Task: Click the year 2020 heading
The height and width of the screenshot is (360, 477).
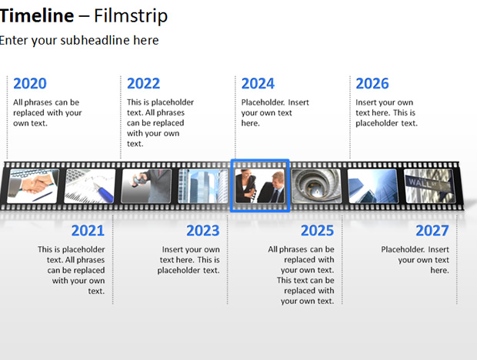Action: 30,84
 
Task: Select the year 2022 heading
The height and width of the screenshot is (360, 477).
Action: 143,84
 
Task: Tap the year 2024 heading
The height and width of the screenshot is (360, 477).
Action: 258,84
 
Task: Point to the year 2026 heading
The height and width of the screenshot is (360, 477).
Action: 372,84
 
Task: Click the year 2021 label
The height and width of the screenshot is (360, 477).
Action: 88,231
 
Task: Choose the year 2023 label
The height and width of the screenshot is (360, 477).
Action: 203,231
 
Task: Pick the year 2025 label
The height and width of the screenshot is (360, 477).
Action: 317,231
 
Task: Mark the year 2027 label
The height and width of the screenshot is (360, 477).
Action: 432,231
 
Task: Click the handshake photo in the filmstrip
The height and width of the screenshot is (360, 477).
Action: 33,186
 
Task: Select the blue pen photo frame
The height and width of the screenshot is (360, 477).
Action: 90,186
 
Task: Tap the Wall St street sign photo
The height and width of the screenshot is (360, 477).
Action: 429,186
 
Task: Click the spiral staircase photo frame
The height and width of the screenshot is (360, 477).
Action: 316,186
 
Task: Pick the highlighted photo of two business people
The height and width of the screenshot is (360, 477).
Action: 260,186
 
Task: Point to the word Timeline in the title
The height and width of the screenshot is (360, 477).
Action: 37,15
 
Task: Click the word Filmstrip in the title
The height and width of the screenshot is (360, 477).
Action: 131,15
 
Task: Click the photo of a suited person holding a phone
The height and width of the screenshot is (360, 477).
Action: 146,186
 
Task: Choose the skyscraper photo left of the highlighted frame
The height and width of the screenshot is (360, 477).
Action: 203,186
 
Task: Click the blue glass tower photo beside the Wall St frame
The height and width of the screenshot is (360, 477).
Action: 373,186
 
